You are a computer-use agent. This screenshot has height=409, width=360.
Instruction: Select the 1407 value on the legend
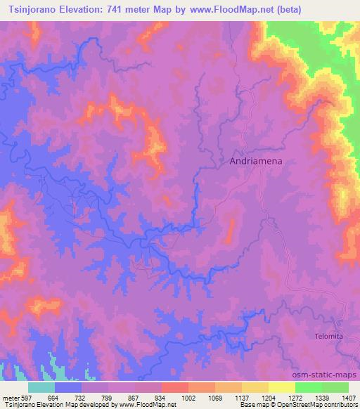tap(349, 398)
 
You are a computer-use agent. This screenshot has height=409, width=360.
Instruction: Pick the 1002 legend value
tap(188, 398)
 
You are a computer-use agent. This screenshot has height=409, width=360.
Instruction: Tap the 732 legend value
tap(80, 398)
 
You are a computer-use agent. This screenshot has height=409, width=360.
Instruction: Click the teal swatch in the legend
tap(41, 388)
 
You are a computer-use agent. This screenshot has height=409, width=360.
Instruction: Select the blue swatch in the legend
tap(68, 388)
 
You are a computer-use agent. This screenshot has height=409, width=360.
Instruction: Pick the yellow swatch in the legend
tap(282, 388)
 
